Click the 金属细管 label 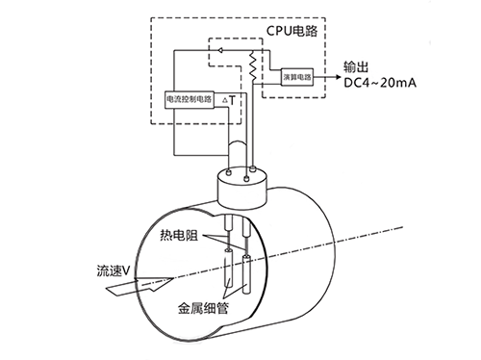[x=203, y=310]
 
